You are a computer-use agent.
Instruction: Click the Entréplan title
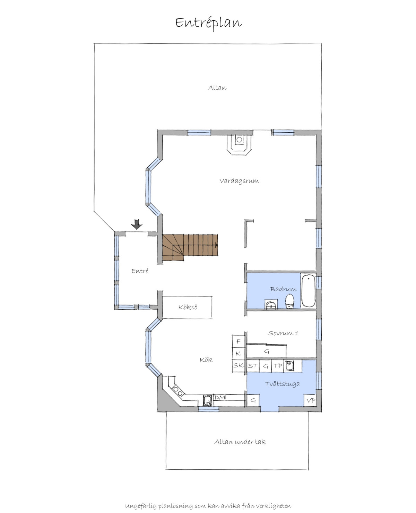208,23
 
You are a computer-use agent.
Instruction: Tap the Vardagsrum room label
239,181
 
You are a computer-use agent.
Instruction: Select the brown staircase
190,247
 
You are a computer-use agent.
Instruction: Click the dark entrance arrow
137,224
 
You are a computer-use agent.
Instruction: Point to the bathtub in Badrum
308,291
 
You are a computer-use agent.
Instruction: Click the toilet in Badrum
289,302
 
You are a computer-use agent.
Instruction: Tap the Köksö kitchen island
187,307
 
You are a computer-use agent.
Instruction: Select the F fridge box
239,341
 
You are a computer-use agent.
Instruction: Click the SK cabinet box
239,365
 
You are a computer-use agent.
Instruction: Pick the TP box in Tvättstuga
278,366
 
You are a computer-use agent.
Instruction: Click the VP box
310,400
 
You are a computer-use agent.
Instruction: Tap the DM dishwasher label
220,397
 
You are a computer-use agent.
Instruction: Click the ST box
253,366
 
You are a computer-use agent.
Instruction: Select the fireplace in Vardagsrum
239,144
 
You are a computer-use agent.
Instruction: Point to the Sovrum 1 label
283,333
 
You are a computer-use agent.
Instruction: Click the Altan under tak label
240,442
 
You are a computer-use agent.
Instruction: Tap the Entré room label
140,271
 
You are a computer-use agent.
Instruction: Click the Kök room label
206,360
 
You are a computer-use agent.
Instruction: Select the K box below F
239,353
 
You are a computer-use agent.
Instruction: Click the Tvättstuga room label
282,384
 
